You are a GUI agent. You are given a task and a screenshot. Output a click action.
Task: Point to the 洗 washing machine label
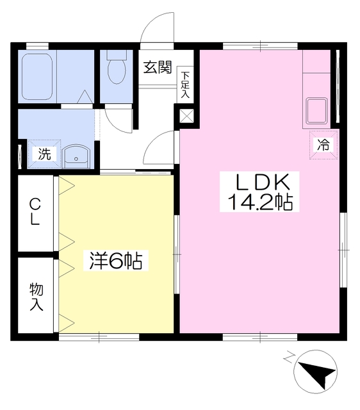tap(44, 154)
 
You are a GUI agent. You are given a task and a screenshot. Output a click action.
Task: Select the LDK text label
tap(259, 182)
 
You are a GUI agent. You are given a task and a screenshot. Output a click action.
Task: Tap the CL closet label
tap(35, 212)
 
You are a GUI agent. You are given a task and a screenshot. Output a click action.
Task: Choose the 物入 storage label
tap(35, 296)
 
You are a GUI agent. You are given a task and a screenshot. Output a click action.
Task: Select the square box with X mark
tap(187, 116)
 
